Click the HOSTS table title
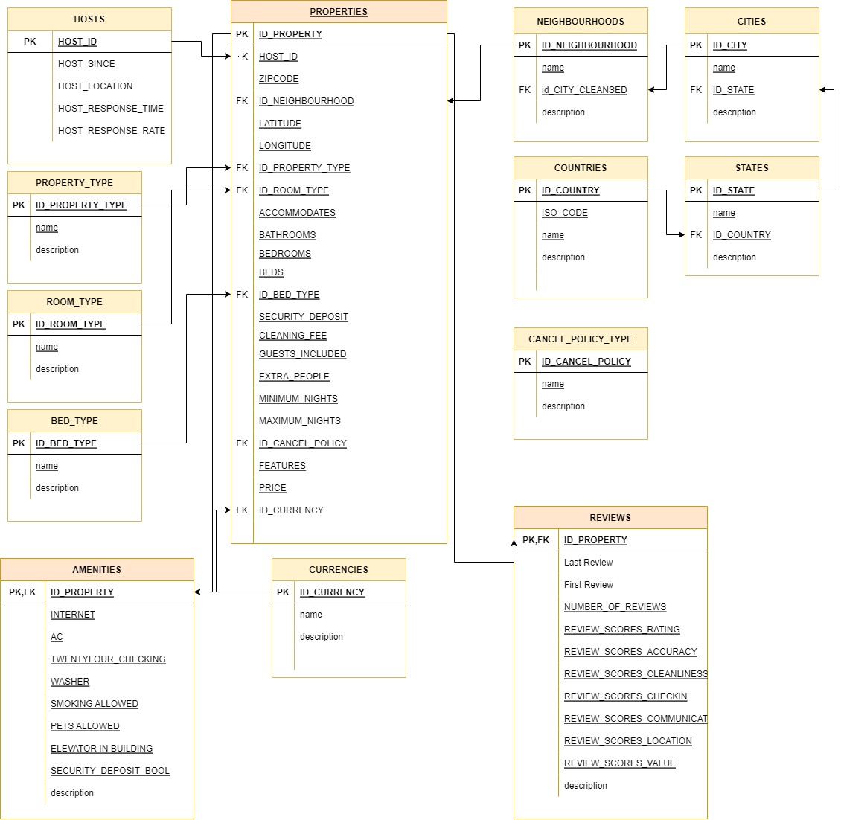tap(89, 19)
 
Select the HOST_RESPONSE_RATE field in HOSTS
tap(112, 131)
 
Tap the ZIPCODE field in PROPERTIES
tap(278, 79)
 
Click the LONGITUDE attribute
tap(284, 146)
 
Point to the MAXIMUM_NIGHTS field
tap(299, 421)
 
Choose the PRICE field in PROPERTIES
tap(272, 488)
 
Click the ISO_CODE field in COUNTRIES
tap(564, 213)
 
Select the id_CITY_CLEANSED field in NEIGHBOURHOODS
tap(584, 90)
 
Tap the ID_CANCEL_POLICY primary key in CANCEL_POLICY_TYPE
tap(586, 362)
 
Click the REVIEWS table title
tap(610, 518)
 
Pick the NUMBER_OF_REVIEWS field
tap(615, 607)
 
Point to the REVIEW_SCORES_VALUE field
tap(619, 763)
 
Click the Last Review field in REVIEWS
tap(588, 563)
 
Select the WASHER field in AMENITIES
tap(70, 682)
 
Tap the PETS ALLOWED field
tap(85, 726)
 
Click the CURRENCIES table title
tap(339, 570)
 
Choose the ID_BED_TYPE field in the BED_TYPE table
tap(66, 443)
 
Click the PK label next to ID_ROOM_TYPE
tap(19, 324)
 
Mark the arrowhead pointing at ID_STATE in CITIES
tap(822, 90)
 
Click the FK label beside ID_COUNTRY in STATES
tap(696, 235)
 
